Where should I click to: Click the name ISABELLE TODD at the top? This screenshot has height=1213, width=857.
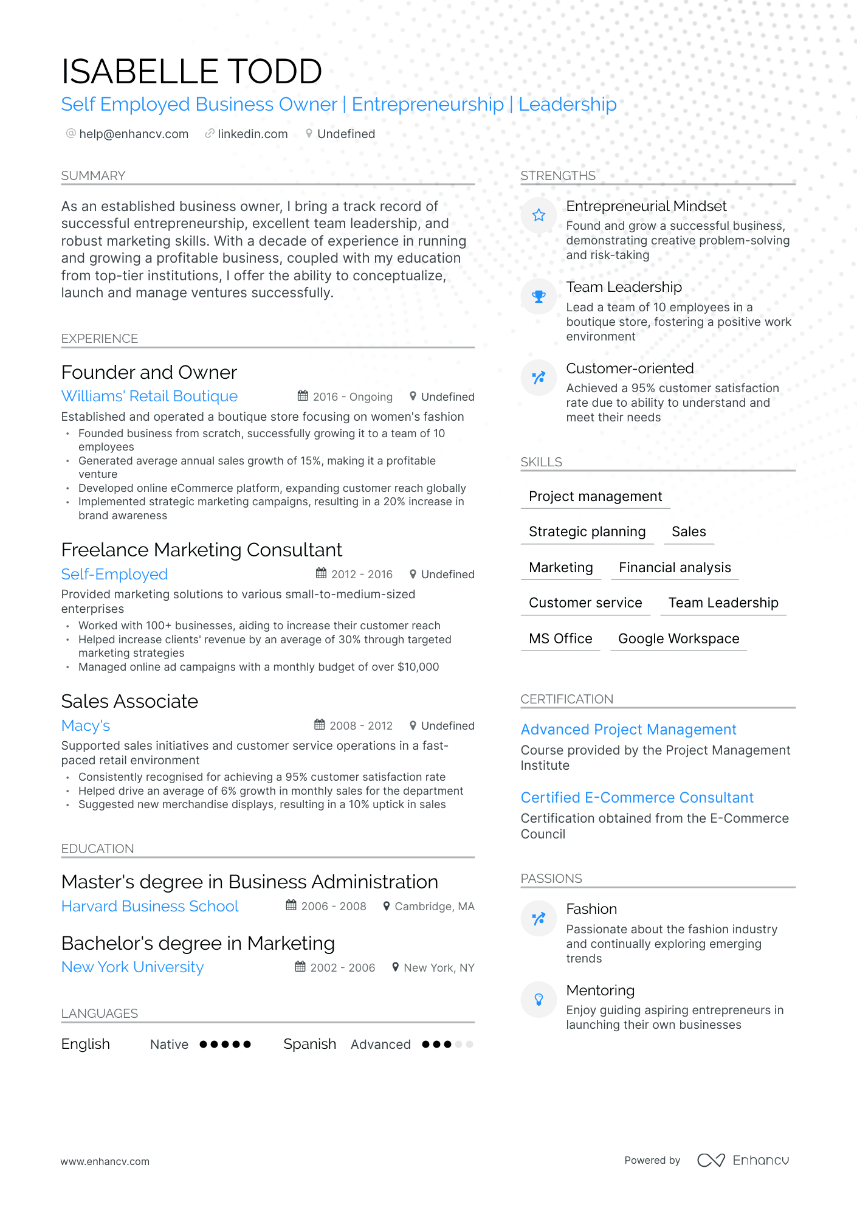coord(191,72)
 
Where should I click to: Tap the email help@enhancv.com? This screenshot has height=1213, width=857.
coord(133,134)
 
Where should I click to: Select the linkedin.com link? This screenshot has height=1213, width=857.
coord(252,134)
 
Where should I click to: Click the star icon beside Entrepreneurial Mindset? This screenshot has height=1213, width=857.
coord(539,215)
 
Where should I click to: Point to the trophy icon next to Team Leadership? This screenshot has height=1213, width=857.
coord(539,297)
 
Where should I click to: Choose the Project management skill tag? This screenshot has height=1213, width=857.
coord(595,496)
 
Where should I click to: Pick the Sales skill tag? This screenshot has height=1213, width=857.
coord(688,531)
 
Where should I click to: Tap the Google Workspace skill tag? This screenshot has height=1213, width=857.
coord(678,638)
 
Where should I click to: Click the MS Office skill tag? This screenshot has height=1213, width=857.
coord(560,638)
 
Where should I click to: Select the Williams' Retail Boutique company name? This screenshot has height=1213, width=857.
coord(150,396)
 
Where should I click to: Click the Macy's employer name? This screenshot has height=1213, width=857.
coord(86,725)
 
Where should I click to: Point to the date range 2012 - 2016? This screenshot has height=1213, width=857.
coord(362,575)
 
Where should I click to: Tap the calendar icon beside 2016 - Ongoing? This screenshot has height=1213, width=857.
coord(303,396)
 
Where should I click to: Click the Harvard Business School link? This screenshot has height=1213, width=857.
coord(150,906)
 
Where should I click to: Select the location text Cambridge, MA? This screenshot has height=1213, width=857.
coord(434,907)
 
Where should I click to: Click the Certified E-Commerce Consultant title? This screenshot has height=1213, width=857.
coord(637,797)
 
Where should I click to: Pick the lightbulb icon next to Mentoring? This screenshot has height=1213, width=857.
coord(539,999)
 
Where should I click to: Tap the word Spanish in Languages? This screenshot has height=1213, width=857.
coord(309,1044)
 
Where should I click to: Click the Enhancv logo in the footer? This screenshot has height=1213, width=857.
coord(743,1160)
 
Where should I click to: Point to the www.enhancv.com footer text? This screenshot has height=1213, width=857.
coord(105,1161)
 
